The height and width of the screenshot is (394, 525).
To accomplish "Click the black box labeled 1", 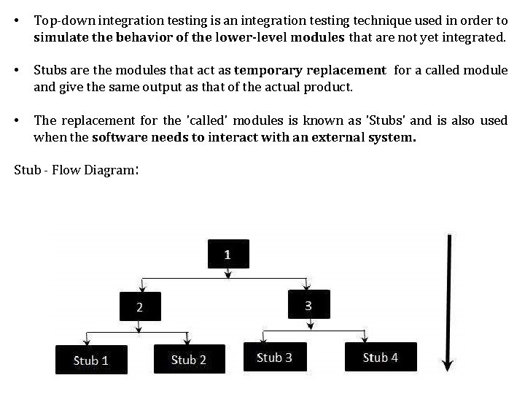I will click(228, 255).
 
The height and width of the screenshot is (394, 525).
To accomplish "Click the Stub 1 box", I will click(91, 360).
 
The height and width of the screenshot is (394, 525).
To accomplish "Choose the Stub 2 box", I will click(189, 359).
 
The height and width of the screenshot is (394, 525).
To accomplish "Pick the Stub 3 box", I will click(275, 357).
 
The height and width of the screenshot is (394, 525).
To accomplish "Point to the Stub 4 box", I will click(381, 357).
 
